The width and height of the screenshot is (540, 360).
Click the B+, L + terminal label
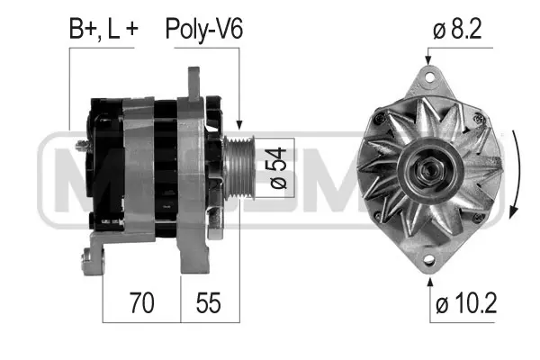point(103,29)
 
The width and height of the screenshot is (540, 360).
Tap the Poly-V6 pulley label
point(203,29)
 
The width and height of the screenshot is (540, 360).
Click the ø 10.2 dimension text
point(465,305)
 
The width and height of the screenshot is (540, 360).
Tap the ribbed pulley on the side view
point(240,168)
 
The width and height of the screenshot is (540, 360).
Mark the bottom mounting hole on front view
point(427,262)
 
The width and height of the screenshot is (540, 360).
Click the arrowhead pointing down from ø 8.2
point(427,60)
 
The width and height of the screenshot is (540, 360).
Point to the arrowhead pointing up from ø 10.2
point(427,277)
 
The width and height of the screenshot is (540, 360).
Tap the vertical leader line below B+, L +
point(70,90)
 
